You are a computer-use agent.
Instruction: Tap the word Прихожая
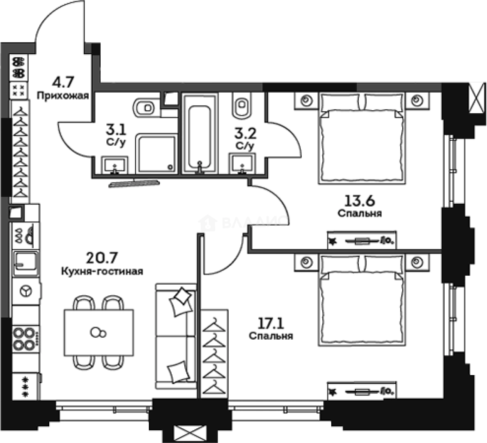click(x=63, y=96)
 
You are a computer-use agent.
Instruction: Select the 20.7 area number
click(x=102, y=257)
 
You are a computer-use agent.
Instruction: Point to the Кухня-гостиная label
click(x=102, y=272)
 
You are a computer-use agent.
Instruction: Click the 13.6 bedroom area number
click(x=360, y=201)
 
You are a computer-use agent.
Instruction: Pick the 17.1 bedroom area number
click(x=271, y=324)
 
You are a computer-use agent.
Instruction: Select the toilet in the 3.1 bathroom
click(x=146, y=107)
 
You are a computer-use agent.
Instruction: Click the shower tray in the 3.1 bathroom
click(x=156, y=154)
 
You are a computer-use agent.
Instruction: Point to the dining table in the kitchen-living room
click(x=99, y=333)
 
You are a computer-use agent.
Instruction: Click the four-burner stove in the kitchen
click(x=26, y=339)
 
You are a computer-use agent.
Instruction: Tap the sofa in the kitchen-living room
click(x=176, y=336)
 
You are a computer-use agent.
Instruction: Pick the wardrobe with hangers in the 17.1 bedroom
click(x=214, y=353)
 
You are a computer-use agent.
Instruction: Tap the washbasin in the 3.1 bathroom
click(x=115, y=165)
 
